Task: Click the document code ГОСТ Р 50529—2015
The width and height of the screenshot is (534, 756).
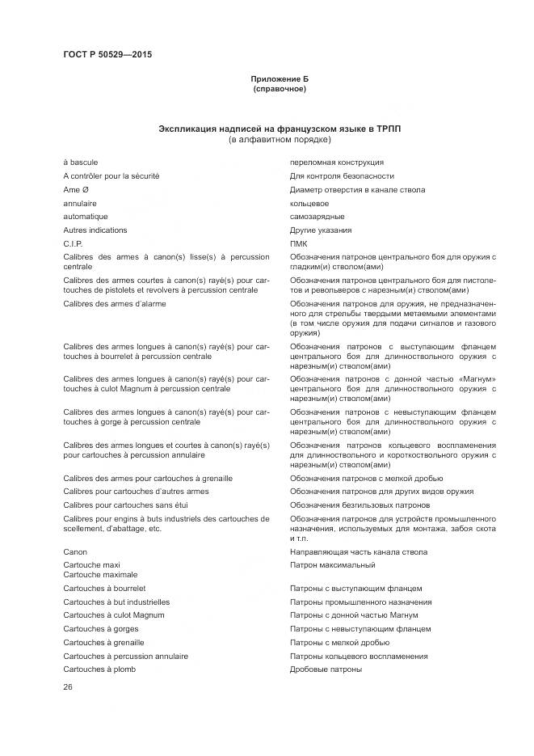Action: click(107, 55)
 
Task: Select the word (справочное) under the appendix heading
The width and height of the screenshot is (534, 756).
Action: click(279, 89)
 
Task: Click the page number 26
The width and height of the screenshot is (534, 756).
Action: click(68, 687)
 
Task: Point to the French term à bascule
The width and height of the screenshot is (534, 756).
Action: click(81, 163)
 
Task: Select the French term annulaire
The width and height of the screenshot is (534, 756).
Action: click(80, 204)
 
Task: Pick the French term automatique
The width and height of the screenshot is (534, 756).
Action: click(86, 217)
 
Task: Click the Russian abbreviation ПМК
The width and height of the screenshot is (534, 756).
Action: click(298, 243)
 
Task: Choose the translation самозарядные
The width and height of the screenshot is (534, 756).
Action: click(317, 217)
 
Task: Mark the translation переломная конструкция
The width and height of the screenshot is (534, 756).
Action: click(337, 163)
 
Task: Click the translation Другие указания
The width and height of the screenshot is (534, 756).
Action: click(321, 230)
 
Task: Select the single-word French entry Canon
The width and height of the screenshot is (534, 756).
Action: click(76, 552)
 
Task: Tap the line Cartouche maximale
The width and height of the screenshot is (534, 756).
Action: click(100, 575)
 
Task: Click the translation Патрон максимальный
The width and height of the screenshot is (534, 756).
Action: click(332, 565)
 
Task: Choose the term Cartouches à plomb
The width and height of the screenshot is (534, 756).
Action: click(99, 669)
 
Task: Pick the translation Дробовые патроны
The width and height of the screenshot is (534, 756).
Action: click(326, 669)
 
